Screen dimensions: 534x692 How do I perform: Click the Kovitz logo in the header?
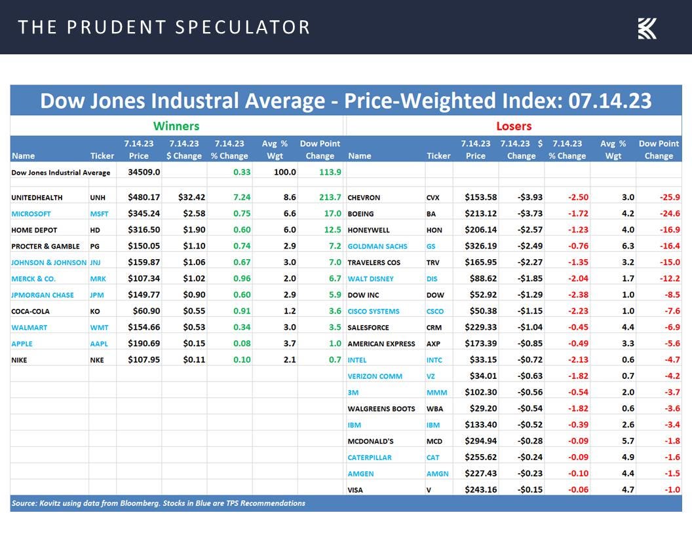click(647, 28)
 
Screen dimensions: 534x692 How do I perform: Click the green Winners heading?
click(176, 126)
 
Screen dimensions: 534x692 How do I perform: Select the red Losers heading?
click(514, 126)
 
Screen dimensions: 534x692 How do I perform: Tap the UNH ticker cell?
click(98, 197)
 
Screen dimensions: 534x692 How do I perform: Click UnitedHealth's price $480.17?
click(138, 197)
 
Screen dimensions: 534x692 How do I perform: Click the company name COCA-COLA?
click(30, 311)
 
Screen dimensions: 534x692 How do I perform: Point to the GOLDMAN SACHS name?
click(377, 246)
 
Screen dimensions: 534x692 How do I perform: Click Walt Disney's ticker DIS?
click(432, 279)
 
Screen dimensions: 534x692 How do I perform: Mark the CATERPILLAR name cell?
click(370, 457)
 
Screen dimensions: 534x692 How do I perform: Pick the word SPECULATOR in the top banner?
click(242, 27)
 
